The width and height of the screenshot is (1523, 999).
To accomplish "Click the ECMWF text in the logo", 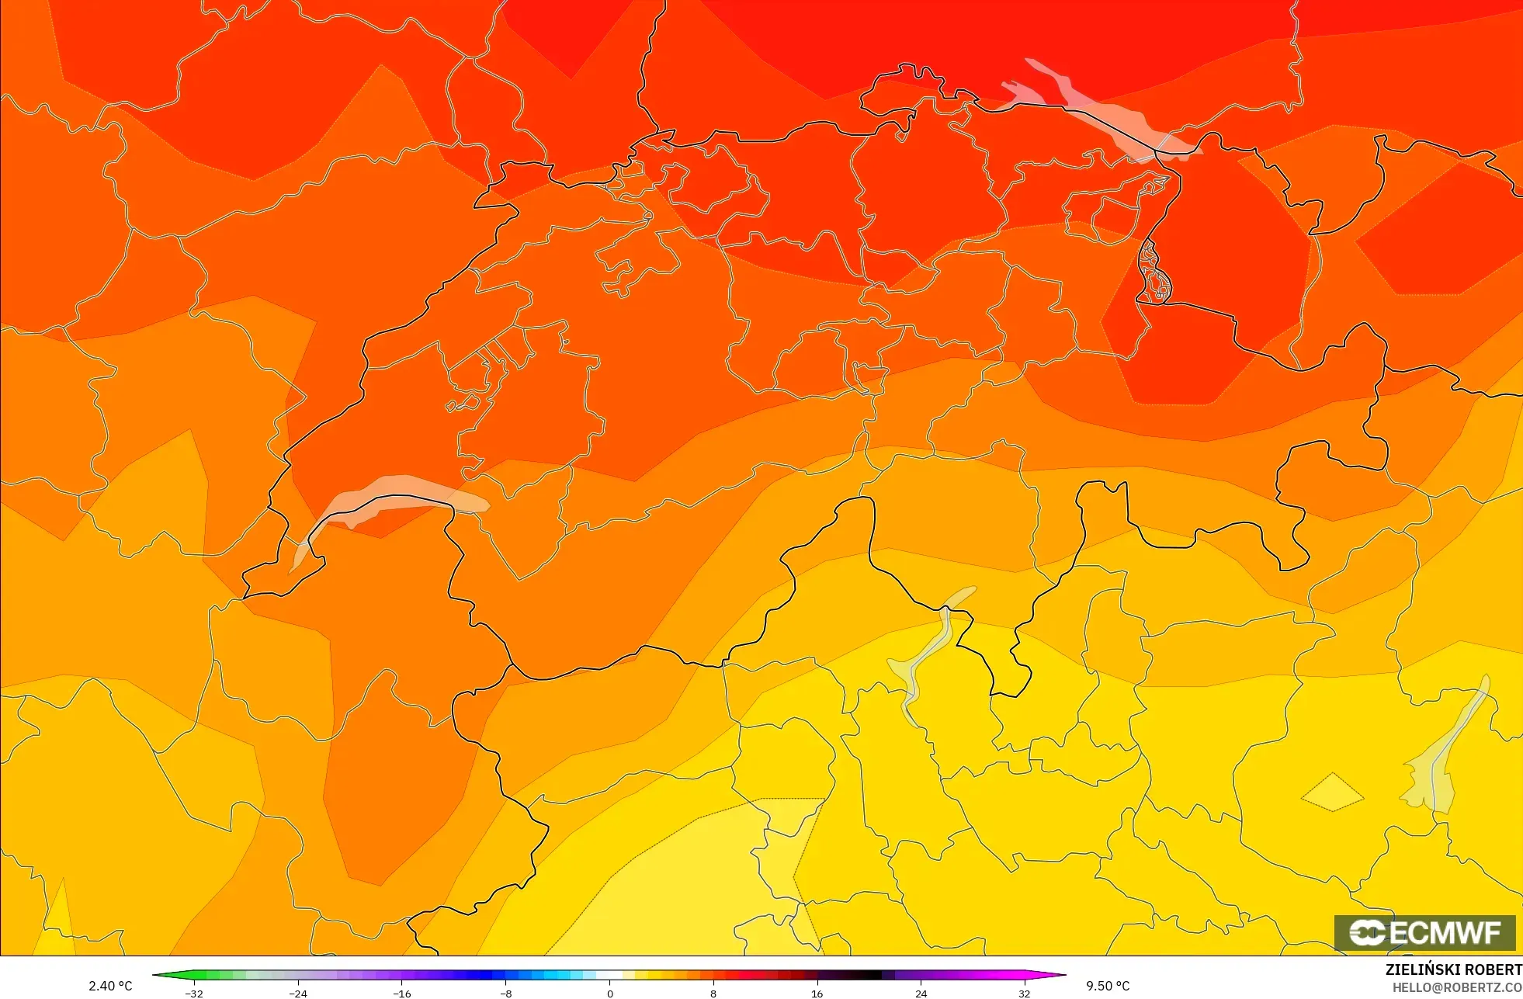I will pos(1445,932).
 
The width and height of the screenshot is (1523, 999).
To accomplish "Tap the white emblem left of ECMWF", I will pos(1367,932).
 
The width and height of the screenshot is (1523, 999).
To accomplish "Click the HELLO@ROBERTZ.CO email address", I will pos(1457,987).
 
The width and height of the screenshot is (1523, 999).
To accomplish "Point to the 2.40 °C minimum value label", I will pos(110,986).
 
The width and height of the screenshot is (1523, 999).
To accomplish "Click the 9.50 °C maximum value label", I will pos(1108,986).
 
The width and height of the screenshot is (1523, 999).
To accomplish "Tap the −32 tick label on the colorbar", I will pos(194,994).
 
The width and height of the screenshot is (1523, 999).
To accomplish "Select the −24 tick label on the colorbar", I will pos(298,994).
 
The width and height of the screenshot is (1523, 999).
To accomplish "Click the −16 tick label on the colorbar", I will pos(402,994).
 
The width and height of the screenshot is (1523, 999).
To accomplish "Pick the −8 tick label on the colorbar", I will pos(506,994).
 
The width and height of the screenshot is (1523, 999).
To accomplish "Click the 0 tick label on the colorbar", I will pos(610,994).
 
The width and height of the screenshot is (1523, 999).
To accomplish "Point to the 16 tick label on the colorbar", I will pos(817,994).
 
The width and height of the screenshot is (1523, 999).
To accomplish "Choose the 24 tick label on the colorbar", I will pos(921,994).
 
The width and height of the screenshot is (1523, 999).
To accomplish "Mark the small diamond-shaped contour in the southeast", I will pos(1332,793).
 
